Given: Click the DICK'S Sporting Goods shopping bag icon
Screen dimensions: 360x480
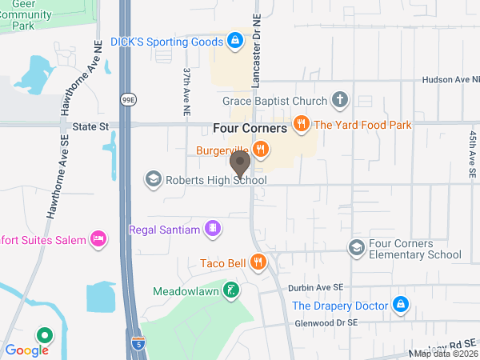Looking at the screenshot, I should pyautogui.click(x=234, y=39).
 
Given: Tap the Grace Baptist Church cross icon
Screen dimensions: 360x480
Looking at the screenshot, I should pyautogui.click(x=340, y=101).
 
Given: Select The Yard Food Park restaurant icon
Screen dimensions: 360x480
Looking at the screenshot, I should pyautogui.click(x=302, y=124).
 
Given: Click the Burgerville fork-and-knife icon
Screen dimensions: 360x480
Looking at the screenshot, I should pyautogui.click(x=260, y=149).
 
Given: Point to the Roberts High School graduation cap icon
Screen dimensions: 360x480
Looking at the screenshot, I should pyautogui.click(x=152, y=179).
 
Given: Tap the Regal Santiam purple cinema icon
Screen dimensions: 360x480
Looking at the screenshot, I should pyautogui.click(x=213, y=230).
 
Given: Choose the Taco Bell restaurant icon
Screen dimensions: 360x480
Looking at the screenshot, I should pyautogui.click(x=258, y=262).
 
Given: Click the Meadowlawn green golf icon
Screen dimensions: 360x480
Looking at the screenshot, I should pyautogui.click(x=230, y=290).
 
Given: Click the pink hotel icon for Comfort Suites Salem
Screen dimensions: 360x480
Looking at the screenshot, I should pyautogui.click(x=99, y=238).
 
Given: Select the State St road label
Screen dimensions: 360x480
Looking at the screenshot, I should pyautogui.click(x=90, y=126).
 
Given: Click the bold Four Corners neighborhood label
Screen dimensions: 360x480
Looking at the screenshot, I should pyautogui.click(x=250, y=128).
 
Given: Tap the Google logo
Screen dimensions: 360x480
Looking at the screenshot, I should pyautogui.click(x=26, y=350).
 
